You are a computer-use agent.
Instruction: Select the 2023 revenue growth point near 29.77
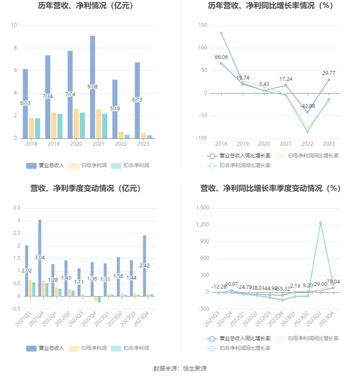click(x=329, y=80)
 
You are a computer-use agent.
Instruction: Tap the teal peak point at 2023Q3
click(x=321, y=223)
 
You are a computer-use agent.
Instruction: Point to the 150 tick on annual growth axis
click(x=203, y=25)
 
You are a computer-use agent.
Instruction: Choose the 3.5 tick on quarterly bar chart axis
click(x=17, y=208)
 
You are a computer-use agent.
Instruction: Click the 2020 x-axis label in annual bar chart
click(x=76, y=144)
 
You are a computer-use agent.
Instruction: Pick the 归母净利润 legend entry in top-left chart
click(x=87, y=165)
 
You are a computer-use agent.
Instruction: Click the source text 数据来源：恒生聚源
click(x=180, y=369)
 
